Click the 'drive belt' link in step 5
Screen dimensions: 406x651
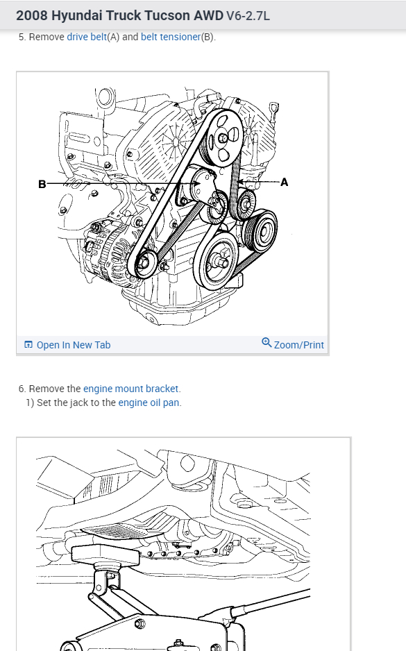pyautogui.click(x=87, y=37)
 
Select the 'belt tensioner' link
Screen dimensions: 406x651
pyautogui.click(x=171, y=37)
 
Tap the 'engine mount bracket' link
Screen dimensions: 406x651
pyautogui.click(x=130, y=389)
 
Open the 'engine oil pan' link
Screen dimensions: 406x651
pyautogui.click(x=149, y=403)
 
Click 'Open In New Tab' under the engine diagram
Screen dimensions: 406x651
pyautogui.click(x=74, y=345)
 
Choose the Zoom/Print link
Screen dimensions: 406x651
pyautogui.click(x=299, y=345)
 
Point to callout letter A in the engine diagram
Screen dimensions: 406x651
pyautogui.click(x=285, y=183)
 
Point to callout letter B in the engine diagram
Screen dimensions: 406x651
pyautogui.click(x=42, y=184)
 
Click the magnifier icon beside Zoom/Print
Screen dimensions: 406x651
pyautogui.click(x=267, y=343)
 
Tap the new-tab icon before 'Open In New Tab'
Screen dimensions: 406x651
pyautogui.click(x=28, y=345)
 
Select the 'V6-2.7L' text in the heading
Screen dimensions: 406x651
pyautogui.click(x=248, y=16)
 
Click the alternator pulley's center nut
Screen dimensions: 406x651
pyautogui.click(x=144, y=262)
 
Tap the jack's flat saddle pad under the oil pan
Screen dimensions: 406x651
pyautogui.click(x=104, y=555)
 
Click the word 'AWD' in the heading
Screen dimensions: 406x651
pyautogui.click(x=209, y=16)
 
